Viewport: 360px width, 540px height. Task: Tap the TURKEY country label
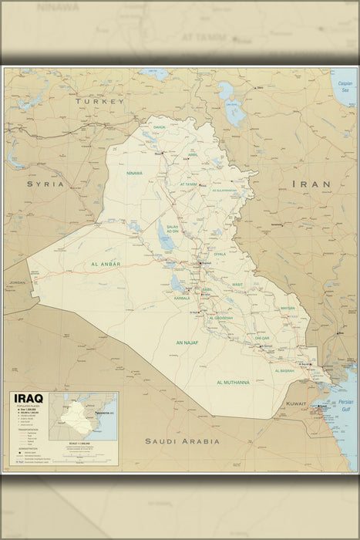pos(99,101)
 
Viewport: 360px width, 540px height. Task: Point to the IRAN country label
pos(311,184)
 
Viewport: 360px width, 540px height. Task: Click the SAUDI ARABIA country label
pos(182,441)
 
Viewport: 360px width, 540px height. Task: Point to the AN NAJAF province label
pos(187,343)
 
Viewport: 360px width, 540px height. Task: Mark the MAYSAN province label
pos(288,308)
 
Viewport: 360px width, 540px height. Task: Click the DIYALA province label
pos(220,253)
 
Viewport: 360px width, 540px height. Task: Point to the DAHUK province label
pos(160,127)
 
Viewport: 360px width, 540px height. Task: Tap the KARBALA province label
pos(182,297)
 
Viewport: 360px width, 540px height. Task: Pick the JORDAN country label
pos(17,282)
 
